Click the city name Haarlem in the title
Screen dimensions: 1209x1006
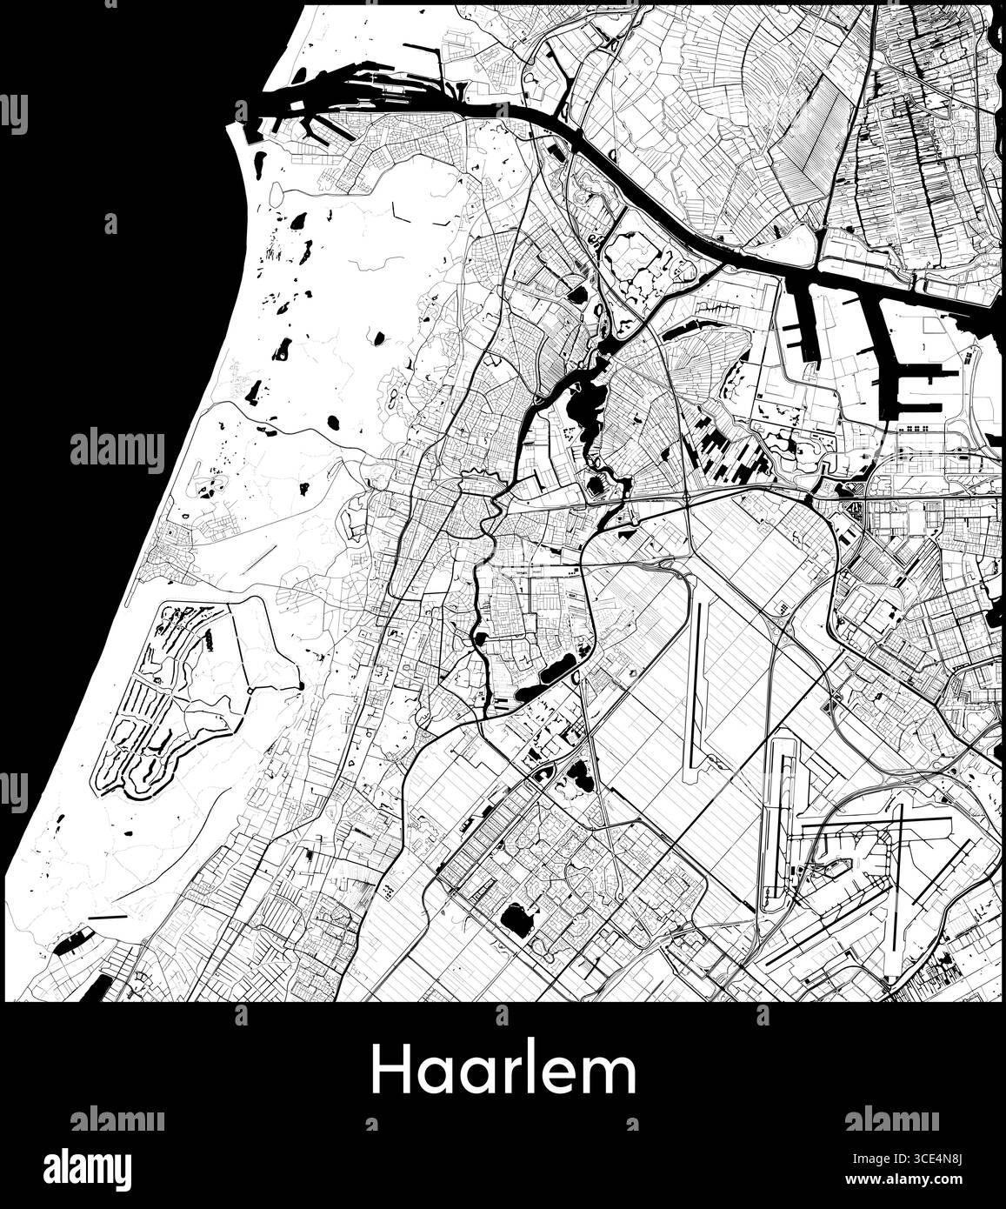(503, 1072)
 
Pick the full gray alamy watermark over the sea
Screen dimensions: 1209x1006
(117, 451)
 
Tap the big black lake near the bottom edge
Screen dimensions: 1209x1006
(517, 920)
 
